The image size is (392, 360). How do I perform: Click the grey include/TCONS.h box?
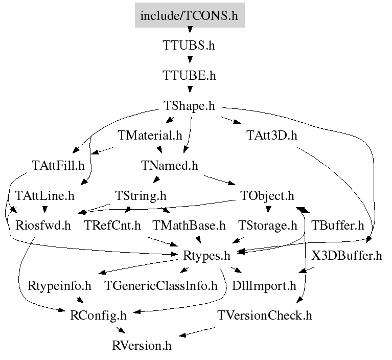(190, 15)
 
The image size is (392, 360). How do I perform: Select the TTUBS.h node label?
(189, 46)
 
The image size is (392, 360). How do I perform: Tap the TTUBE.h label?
(189, 75)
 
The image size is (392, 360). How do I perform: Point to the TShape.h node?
(189, 105)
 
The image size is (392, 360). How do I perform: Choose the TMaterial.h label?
(150, 136)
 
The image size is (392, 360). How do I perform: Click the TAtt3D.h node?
(272, 136)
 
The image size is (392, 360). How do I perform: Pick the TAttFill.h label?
(58, 165)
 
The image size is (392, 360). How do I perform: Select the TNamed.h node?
(170, 165)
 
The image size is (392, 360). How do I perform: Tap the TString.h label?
(141, 196)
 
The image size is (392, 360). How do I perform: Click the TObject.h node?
(267, 196)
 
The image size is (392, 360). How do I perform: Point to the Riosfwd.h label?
(43, 226)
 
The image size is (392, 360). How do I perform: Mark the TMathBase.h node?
(189, 226)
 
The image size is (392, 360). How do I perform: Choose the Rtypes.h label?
(206, 256)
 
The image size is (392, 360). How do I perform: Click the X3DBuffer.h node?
(347, 256)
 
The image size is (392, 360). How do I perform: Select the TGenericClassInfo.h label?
(161, 286)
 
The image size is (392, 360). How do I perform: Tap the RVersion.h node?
(142, 346)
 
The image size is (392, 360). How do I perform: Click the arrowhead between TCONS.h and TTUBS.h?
(190, 30)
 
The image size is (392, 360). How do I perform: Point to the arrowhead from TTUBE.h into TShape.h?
(190, 89)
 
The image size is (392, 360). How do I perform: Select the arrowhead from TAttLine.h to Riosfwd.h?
(45, 210)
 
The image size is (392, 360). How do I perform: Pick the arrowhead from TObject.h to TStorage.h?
(268, 210)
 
